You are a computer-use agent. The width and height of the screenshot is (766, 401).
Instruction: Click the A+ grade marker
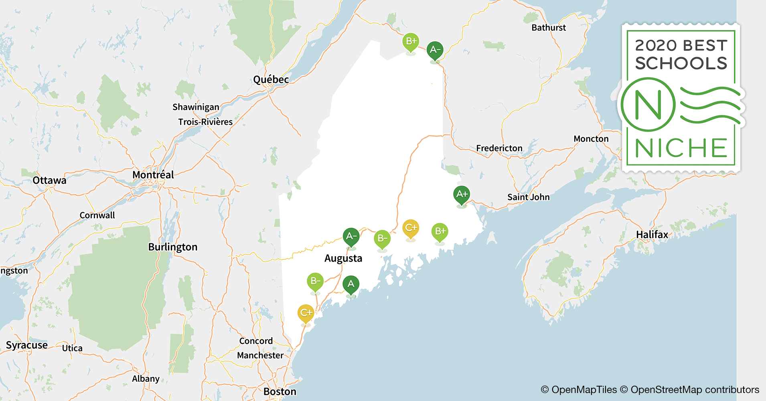[462, 194]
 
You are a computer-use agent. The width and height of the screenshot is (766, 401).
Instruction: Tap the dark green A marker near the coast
[351, 284]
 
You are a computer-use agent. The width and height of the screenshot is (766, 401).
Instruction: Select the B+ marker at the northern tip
[411, 41]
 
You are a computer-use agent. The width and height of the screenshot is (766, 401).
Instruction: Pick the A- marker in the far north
[435, 50]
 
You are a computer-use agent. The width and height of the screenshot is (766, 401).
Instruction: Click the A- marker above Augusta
[351, 236]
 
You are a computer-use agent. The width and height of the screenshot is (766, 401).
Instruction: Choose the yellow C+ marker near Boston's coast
[306, 313]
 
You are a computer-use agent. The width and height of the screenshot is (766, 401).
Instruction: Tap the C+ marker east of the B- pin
[411, 228]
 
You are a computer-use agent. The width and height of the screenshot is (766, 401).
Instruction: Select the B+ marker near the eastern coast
[440, 231]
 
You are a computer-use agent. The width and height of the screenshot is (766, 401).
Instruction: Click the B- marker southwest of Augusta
[315, 281]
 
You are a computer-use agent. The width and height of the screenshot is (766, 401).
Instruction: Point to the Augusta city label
[343, 258]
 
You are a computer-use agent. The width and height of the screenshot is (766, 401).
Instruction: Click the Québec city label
[271, 79]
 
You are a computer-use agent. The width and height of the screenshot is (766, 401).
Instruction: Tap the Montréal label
[153, 175]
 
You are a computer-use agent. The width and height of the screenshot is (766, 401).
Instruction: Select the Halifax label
[652, 235]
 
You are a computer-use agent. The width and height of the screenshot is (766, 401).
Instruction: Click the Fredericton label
[499, 148]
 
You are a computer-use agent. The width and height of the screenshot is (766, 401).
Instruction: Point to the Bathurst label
[549, 28]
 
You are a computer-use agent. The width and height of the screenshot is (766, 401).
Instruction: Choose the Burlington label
[173, 247]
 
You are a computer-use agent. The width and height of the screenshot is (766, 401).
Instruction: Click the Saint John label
[528, 197]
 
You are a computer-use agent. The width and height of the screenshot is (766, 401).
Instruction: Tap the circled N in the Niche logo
[648, 105]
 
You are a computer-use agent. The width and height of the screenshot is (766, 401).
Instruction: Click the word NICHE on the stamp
[681, 148]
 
